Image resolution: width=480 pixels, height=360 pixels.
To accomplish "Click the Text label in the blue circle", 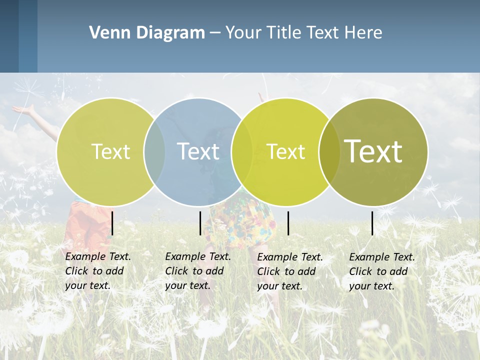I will [x=198, y=151].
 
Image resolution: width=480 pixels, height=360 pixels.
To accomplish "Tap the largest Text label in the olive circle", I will [x=373, y=151].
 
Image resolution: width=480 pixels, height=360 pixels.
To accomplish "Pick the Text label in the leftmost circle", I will [x=110, y=151].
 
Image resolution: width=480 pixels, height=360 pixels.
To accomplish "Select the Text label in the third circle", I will [x=286, y=151].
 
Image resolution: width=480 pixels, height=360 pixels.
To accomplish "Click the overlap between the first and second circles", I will [x=154, y=151].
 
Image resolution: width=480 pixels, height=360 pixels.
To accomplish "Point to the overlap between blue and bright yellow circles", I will [x=242, y=151].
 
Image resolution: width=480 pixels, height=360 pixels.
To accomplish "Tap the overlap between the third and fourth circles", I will [x=329, y=151].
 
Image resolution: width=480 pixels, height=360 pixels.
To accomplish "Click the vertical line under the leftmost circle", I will [x=112, y=223].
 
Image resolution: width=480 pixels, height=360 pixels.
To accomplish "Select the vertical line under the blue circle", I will [x=200, y=223].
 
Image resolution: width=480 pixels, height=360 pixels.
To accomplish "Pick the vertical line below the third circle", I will [x=288, y=223].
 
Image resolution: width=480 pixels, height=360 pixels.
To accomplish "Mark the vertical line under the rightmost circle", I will [x=372, y=223].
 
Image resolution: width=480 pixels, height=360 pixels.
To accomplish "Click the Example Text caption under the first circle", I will [x=98, y=271].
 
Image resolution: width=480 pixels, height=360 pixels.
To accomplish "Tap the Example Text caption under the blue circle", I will [x=198, y=271].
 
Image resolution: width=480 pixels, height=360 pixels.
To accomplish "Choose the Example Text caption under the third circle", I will [x=290, y=271].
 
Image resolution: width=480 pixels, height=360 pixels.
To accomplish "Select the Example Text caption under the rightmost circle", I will [x=382, y=271].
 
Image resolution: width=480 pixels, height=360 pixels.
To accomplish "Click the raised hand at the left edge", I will [x=22, y=108].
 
